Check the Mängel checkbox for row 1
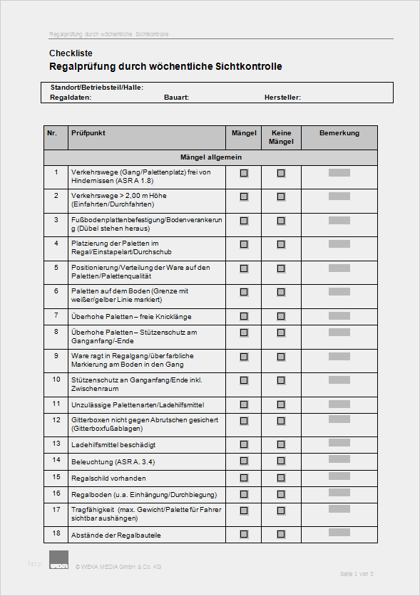[x=244, y=173]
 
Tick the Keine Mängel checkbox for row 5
[x=281, y=268]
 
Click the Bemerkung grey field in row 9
[x=339, y=355]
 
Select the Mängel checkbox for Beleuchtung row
[x=244, y=461]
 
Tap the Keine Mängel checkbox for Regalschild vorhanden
[x=281, y=477]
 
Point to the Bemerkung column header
[x=339, y=133]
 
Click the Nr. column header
[x=52, y=133]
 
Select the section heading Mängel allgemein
[x=210, y=157]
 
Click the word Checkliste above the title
[x=71, y=53]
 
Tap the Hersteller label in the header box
[x=282, y=98]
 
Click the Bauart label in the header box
[x=176, y=98]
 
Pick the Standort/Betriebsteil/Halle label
[x=97, y=88]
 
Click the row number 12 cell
[x=56, y=420]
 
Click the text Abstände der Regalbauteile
[x=116, y=534]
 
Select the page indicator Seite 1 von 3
[x=357, y=574]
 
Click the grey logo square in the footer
[x=59, y=560]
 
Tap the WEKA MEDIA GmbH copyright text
[x=118, y=566]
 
